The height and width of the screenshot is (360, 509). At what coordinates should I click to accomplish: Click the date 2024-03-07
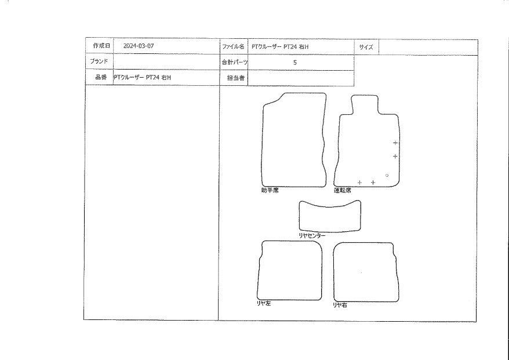pos(139,46)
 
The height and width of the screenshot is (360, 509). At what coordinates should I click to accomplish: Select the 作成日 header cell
pos(99,45)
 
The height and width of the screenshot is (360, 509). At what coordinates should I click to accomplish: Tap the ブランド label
pos(99,61)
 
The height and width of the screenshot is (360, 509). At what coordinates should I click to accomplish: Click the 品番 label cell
pos(99,77)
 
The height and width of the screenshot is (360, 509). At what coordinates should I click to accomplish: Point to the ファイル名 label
pos(233,46)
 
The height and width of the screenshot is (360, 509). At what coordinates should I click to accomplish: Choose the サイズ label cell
pos(366,47)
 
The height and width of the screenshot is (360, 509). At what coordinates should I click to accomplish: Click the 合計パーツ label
pos(235,62)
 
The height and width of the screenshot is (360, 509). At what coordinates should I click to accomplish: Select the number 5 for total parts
pos(295,63)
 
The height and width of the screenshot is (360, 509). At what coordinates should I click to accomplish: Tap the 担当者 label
pos(236,78)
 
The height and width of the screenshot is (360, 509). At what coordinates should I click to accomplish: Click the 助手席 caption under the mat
pos(270,191)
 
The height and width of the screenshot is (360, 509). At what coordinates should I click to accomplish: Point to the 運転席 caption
pos(343,191)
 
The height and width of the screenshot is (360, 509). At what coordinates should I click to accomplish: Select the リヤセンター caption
pos(312,236)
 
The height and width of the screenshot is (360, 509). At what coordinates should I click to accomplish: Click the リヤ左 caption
pos(264,304)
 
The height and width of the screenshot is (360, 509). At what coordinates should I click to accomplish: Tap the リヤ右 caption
pos(340,305)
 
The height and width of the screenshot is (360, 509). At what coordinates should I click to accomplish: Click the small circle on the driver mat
pos(387,175)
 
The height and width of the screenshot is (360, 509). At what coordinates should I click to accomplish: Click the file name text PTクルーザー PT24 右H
pos(280,47)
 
